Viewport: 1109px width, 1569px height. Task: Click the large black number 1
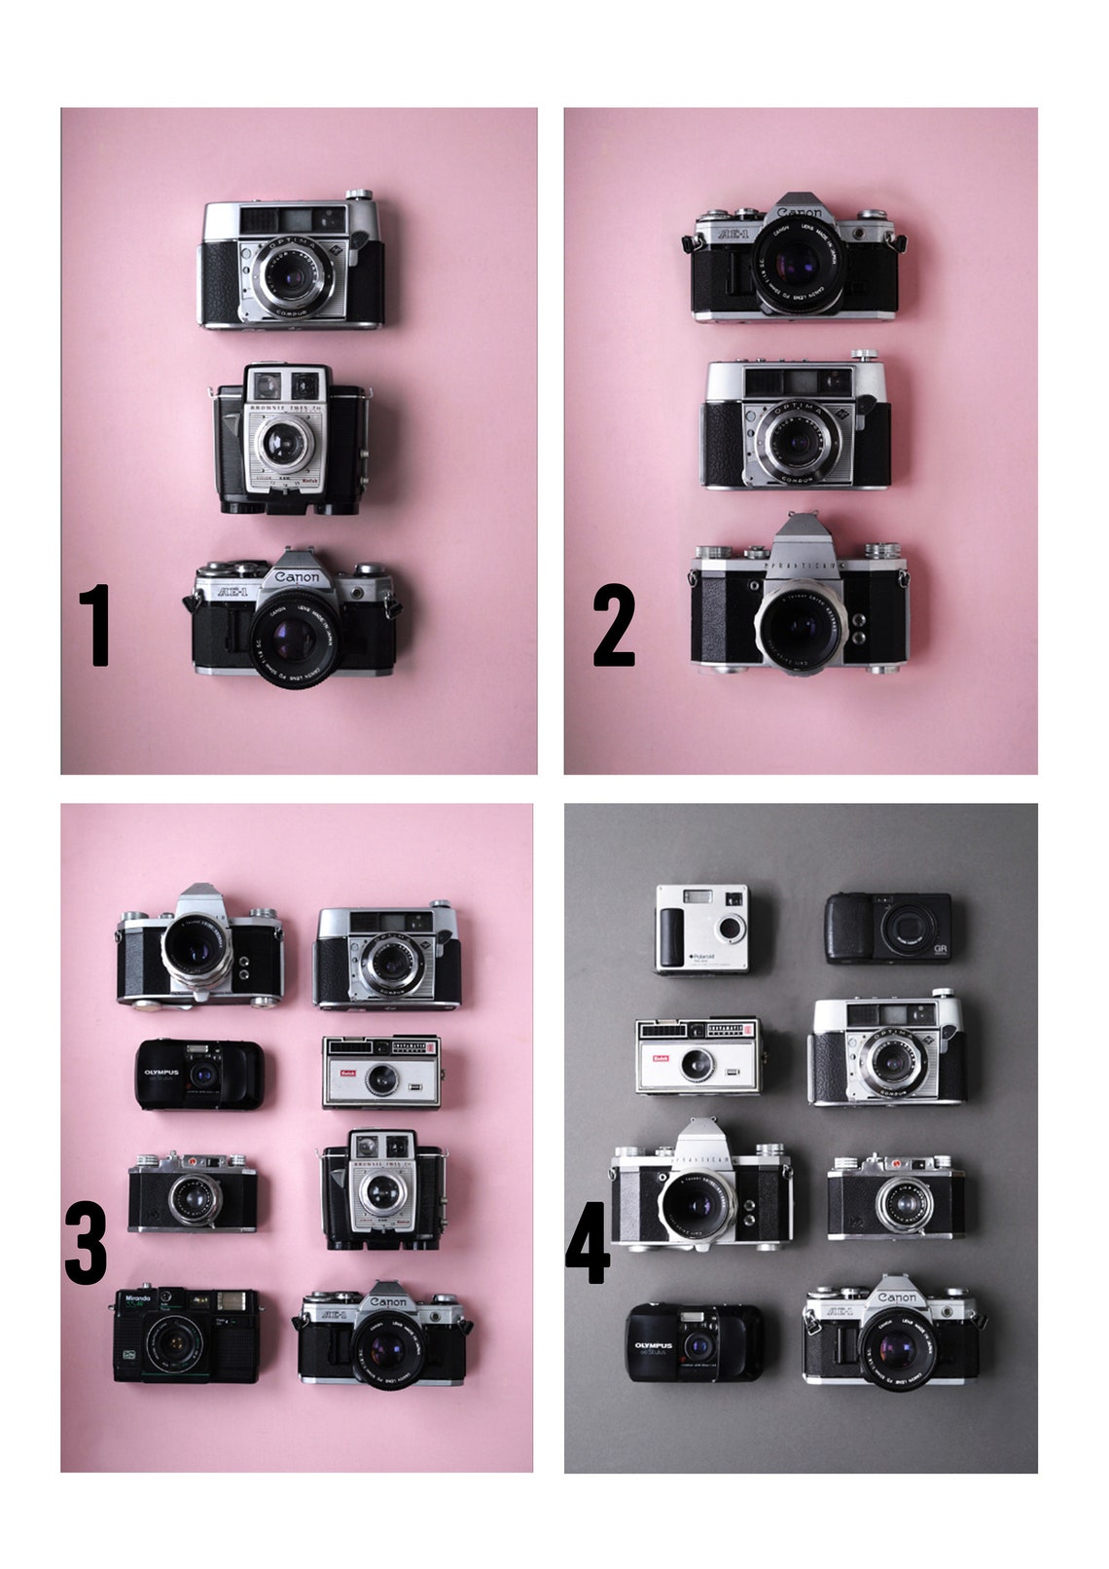[x=97, y=626]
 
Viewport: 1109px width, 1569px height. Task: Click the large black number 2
[x=614, y=626]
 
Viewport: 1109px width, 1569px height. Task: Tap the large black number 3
[x=86, y=1242]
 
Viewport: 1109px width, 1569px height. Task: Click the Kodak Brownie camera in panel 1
[x=291, y=439]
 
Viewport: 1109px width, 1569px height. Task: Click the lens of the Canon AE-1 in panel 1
[x=293, y=638]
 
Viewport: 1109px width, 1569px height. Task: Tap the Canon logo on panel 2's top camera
[x=800, y=211]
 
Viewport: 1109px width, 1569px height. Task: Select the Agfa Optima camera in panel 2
[x=796, y=423]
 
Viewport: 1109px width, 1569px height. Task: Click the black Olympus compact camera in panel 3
[x=199, y=1075]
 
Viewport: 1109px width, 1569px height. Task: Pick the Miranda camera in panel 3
[x=186, y=1334]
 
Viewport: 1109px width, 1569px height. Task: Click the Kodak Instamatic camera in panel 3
[x=382, y=1072]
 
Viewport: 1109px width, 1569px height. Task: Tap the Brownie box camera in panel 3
[x=382, y=1189]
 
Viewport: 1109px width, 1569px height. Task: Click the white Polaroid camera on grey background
[x=702, y=928]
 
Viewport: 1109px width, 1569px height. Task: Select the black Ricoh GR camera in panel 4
[x=888, y=928]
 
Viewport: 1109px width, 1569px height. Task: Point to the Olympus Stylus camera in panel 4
[x=694, y=1344]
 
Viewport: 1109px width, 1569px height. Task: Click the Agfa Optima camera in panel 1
[x=293, y=265]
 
